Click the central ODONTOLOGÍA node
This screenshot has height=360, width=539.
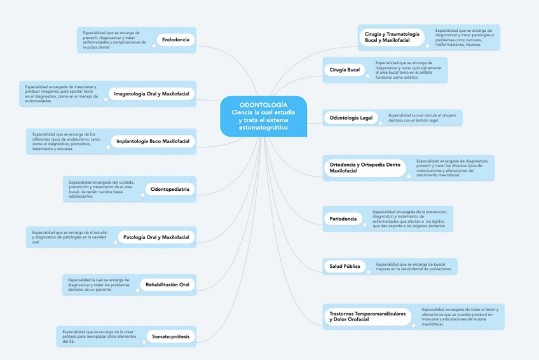[x=263, y=116]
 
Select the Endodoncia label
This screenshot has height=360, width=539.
[x=175, y=40]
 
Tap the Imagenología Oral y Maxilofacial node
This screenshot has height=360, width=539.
[x=151, y=93]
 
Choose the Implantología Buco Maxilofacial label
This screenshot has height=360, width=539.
[x=153, y=141]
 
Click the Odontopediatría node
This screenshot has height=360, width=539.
[x=170, y=189]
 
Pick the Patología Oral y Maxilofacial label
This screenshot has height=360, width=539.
[x=156, y=237]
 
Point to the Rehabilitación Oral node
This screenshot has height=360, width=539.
[x=167, y=284]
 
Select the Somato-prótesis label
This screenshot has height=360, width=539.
[x=170, y=336]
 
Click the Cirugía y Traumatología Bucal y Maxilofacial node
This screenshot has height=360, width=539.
[x=392, y=37]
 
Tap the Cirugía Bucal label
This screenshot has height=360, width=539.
[x=345, y=70]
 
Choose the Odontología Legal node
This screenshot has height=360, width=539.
[x=351, y=118]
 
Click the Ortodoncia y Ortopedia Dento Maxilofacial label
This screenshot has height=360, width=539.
[x=365, y=168]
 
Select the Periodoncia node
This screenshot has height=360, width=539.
[x=343, y=219]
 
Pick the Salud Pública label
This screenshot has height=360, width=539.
[x=345, y=267]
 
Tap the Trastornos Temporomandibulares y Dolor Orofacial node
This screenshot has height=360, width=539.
[x=367, y=316]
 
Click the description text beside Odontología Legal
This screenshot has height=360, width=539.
[x=423, y=118]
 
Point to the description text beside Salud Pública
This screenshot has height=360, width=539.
[x=413, y=267]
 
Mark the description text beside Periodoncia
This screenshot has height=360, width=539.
[x=410, y=218]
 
